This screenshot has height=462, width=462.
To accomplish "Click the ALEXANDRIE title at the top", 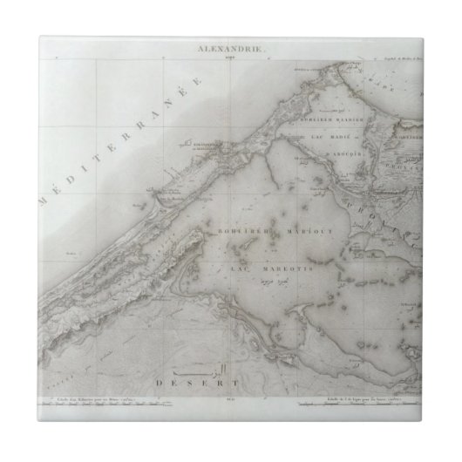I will pyautogui.click(x=230, y=51).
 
